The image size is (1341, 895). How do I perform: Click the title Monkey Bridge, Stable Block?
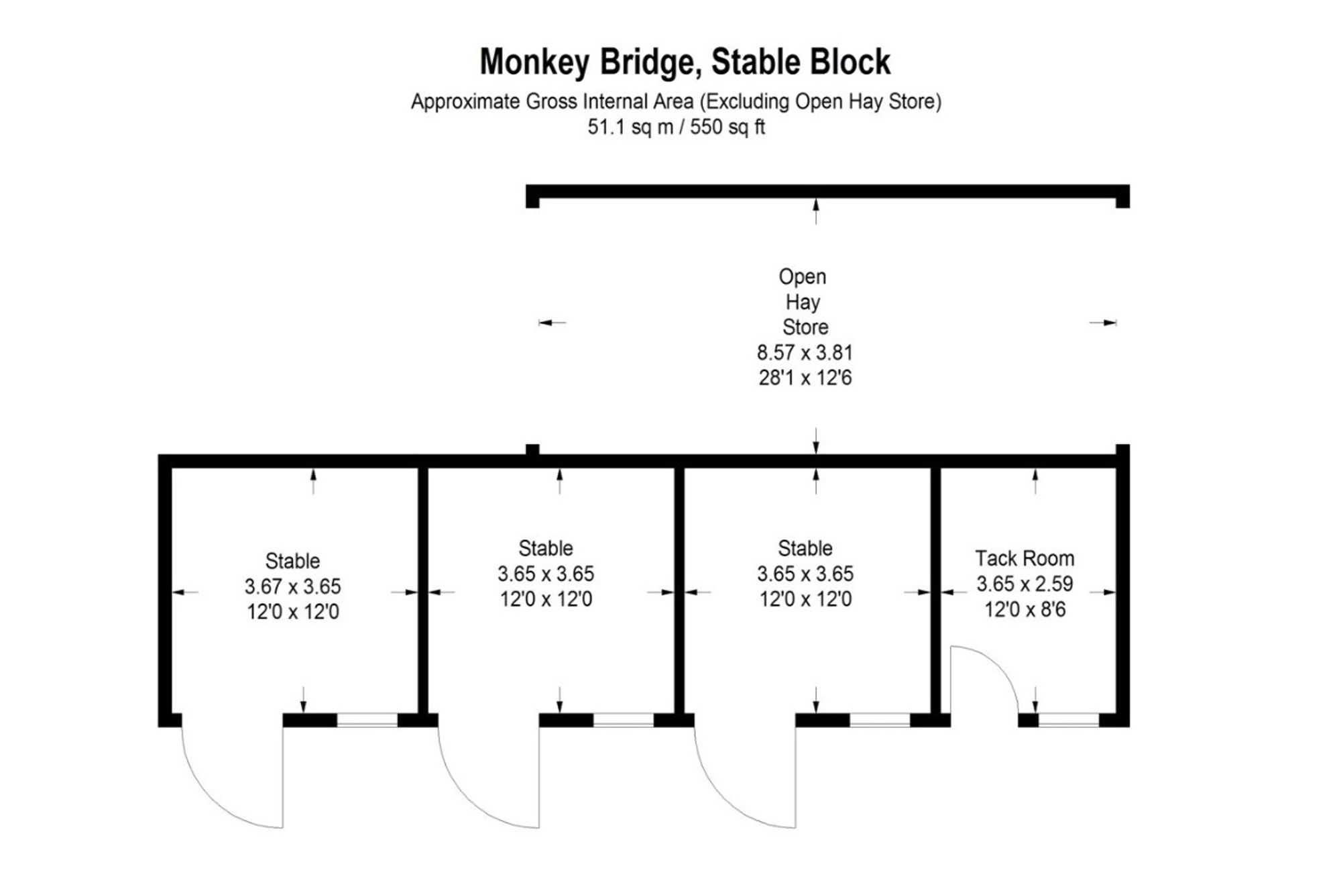[x=685, y=62]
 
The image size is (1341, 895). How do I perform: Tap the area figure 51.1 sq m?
[x=630, y=127]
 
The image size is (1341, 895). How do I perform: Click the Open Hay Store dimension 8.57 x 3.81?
[x=805, y=352]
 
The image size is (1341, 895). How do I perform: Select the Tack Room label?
[x=1025, y=558]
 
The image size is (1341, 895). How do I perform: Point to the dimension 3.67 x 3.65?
[x=292, y=586]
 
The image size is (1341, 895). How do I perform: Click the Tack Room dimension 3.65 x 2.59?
[x=1025, y=584]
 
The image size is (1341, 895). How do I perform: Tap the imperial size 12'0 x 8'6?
[x=1025, y=609]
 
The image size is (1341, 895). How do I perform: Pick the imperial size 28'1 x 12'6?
[x=805, y=378]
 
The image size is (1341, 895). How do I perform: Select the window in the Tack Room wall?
[x=1068, y=720]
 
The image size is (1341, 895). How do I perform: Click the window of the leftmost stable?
[x=367, y=720]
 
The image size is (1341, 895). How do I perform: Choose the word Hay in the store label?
[x=803, y=302]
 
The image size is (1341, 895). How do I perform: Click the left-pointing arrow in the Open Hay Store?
[x=551, y=323]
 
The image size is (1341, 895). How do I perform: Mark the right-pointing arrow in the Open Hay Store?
[x=1104, y=323]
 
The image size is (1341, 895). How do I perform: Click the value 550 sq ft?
[x=727, y=127]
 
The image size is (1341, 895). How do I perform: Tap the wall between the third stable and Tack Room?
[x=935, y=590]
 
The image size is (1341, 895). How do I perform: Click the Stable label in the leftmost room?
[x=292, y=561]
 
